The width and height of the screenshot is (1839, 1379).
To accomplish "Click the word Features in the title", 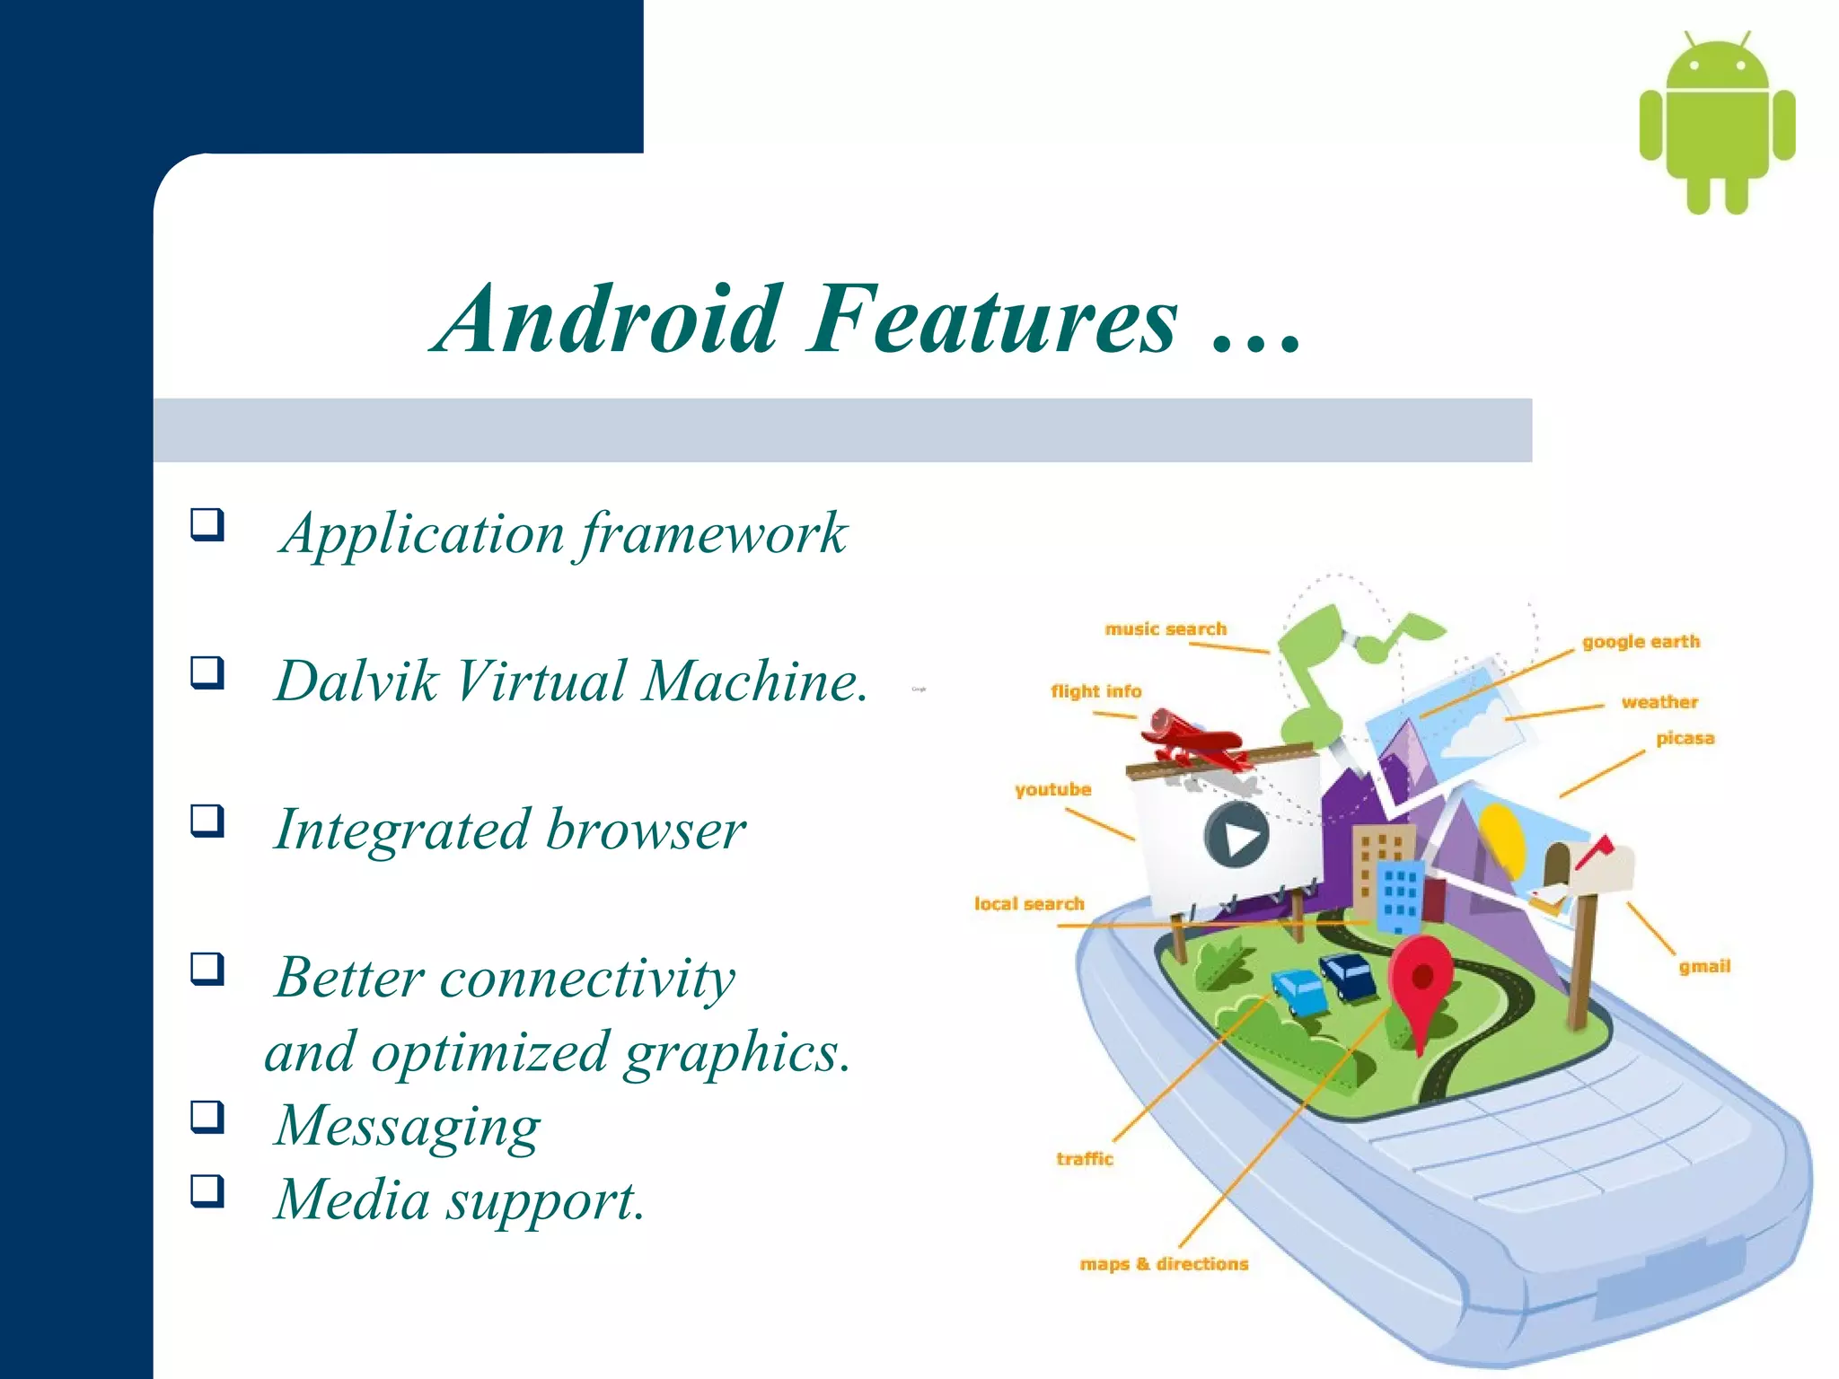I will [x=991, y=320].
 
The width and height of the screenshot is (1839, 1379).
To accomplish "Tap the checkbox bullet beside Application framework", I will [x=207, y=523].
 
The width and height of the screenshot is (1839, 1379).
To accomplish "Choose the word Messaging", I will [x=407, y=1127].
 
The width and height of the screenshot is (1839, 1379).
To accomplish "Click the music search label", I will [x=1165, y=629].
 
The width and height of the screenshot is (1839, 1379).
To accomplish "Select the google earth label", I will [x=1641, y=642].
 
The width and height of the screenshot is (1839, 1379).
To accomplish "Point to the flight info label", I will [x=1095, y=691].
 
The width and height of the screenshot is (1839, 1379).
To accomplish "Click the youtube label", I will [x=1052, y=790].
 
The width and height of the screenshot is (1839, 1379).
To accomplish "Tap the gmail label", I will [x=1704, y=967].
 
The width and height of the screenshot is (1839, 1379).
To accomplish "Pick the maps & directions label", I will [x=1164, y=1264].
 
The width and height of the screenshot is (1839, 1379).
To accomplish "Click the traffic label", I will [x=1085, y=1159].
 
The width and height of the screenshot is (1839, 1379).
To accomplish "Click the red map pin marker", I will [x=1421, y=979].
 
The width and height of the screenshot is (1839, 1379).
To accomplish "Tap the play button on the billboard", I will [x=1236, y=836].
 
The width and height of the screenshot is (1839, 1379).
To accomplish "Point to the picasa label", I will [x=1685, y=739].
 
